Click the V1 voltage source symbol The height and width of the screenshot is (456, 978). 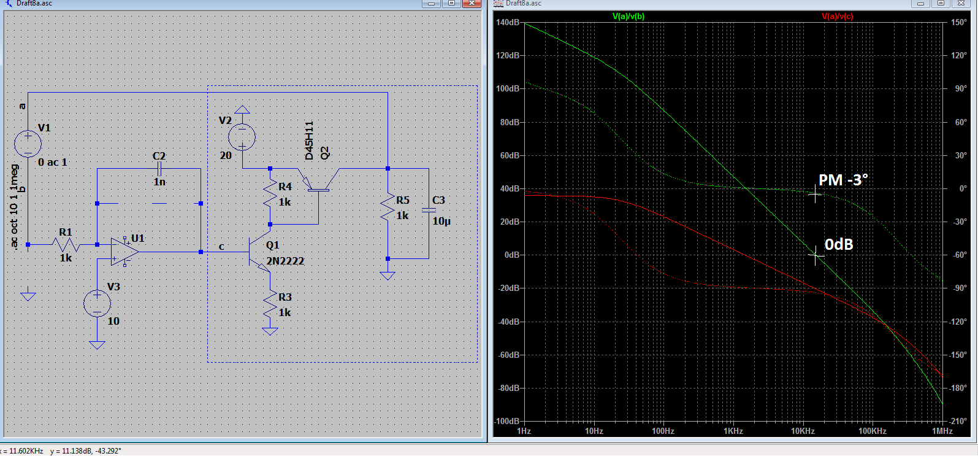28,144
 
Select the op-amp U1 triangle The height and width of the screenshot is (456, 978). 124,252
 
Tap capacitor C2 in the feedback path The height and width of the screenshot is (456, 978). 159,168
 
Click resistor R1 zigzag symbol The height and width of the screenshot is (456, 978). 66,245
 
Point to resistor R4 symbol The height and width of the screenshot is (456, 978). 270,195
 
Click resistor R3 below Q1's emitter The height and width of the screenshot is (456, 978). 270,305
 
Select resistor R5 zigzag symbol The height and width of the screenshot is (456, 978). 388,207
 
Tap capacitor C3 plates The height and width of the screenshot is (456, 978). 429,211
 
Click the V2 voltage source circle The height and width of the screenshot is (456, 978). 242,137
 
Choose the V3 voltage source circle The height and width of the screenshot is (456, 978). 97,303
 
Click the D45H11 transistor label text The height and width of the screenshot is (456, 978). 309,141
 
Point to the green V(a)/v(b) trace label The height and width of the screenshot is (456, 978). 628,17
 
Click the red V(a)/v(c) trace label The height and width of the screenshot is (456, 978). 837,17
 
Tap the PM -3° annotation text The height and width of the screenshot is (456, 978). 843,180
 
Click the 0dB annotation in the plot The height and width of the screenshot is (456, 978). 839,244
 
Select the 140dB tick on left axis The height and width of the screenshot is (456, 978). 507,22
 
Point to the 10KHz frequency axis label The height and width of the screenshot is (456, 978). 803,431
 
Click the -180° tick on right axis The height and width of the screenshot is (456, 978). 958,388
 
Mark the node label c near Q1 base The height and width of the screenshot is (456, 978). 221,247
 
